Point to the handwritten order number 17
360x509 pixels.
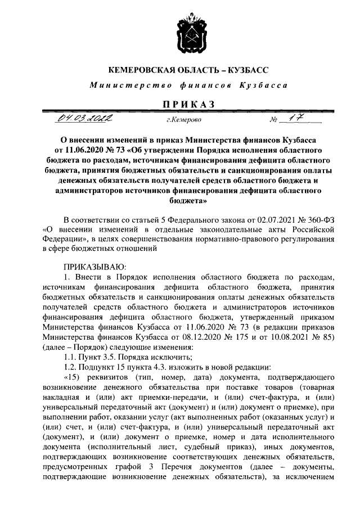click(x=291, y=119)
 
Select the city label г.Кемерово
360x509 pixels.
click(x=181, y=120)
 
